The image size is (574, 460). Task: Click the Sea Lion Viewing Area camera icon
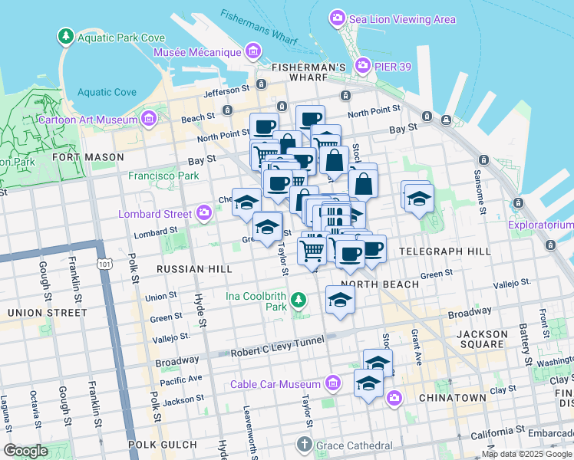coord(336,18)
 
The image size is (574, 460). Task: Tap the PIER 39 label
coord(393,67)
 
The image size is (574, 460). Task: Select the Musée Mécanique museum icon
coord(252,52)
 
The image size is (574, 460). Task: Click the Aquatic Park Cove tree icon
coord(66,37)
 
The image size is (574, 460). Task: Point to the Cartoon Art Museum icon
coord(148,119)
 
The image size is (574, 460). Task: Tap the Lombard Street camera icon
coord(203,213)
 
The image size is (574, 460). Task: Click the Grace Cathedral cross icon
coord(305,444)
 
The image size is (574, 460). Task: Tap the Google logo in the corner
coord(25,451)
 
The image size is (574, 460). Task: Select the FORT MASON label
coord(88,157)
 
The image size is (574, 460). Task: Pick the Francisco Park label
coord(163,176)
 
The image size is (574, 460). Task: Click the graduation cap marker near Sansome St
coord(418,199)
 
